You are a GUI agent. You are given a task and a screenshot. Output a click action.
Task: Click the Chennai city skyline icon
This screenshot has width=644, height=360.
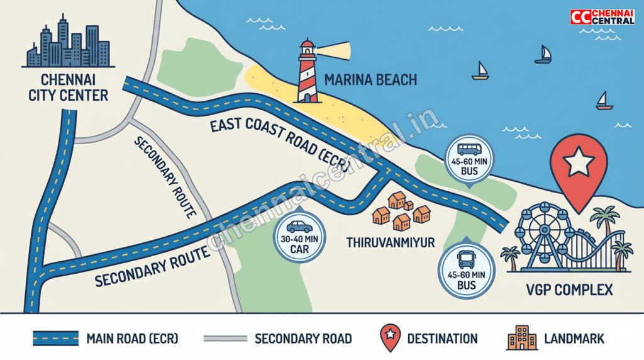[x=68, y=44]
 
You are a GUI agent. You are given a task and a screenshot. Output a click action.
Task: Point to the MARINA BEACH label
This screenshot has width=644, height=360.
[x=370, y=80]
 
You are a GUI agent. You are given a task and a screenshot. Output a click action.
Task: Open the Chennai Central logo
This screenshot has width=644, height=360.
[x=602, y=17]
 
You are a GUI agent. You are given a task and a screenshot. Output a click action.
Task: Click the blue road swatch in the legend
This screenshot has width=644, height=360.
[x=55, y=339]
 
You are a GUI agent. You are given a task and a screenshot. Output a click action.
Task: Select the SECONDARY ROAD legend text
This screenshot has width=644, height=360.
[x=303, y=339]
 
